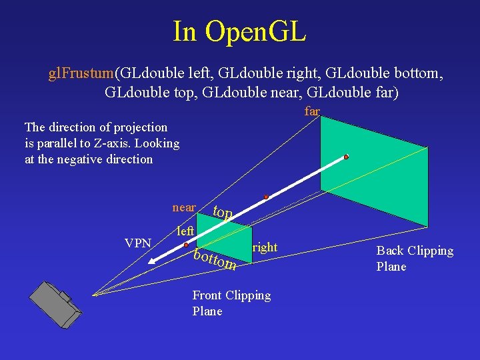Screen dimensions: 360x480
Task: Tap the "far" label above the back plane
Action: [x=312, y=111]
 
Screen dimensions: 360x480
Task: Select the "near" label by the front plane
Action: [x=184, y=207]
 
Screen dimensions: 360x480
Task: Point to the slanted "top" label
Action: [x=222, y=213]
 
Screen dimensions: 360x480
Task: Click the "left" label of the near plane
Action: [x=186, y=231]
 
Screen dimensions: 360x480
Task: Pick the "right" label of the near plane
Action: [x=265, y=247]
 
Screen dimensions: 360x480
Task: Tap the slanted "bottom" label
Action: [x=215, y=259]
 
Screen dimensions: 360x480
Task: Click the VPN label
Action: [x=138, y=243]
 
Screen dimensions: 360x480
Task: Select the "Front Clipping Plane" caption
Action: [x=231, y=303]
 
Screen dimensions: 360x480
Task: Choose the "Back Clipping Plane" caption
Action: [x=415, y=259]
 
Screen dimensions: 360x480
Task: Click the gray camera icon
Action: [x=56, y=304]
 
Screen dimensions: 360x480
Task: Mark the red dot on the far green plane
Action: [x=346, y=157]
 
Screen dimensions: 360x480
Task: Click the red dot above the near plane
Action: [x=265, y=197]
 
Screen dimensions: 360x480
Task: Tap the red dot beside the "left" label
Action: [x=186, y=245]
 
